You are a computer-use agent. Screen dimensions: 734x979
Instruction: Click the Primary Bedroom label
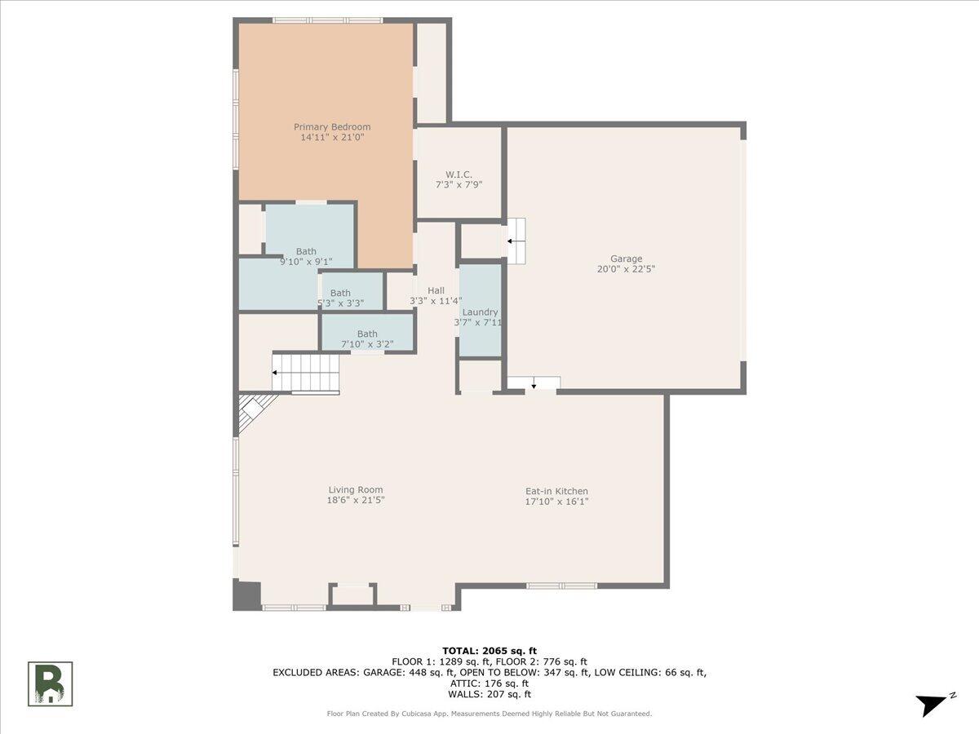pyautogui.click(x=332, y=126)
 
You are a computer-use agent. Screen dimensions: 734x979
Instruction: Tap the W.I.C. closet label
pyautogui.click(x=458, y=175)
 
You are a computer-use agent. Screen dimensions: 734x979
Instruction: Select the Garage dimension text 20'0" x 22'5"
pyautogui.click(x=627, y=269)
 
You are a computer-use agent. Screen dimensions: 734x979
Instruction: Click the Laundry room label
pyautogui.click(x=480, y=312)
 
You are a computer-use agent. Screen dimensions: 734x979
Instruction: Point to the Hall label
pyautogui.click(x=436, y=290)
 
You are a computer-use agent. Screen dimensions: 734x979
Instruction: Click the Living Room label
pyautogui.click(x=356, y=490)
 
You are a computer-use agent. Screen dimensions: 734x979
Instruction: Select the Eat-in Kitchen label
pyautogui.click(x=556, y=491)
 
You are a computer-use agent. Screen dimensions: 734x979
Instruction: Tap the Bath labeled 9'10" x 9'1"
pyautogui.click(x=306, y=251)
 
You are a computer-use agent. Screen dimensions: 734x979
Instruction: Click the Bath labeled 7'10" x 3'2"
pyautogui.click(x=367, y=334)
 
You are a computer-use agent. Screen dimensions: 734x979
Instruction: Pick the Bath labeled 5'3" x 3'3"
pyautogui.click(x=340, y=293)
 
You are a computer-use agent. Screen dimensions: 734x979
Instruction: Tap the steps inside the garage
pyautogui.click(x=516, y=241)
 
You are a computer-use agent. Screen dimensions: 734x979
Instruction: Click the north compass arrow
pyautogui.click(x=932, y=704)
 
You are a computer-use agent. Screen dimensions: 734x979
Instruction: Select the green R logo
pyautogui.click(x=51, y=683)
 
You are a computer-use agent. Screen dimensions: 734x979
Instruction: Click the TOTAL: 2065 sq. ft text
pyautogui.click(x=489, y=650)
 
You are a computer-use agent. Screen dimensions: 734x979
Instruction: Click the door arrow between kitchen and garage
pyautogui.click(x=534, y=383)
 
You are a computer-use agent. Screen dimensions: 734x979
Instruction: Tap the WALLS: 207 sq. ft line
pyautogui.click(x=489, y=695)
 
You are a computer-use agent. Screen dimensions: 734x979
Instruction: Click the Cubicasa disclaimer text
pyautogui.click(x=489, y=714)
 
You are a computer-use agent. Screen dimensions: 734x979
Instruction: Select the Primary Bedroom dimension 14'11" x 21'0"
pyautogui.click(x=332, y=138)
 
